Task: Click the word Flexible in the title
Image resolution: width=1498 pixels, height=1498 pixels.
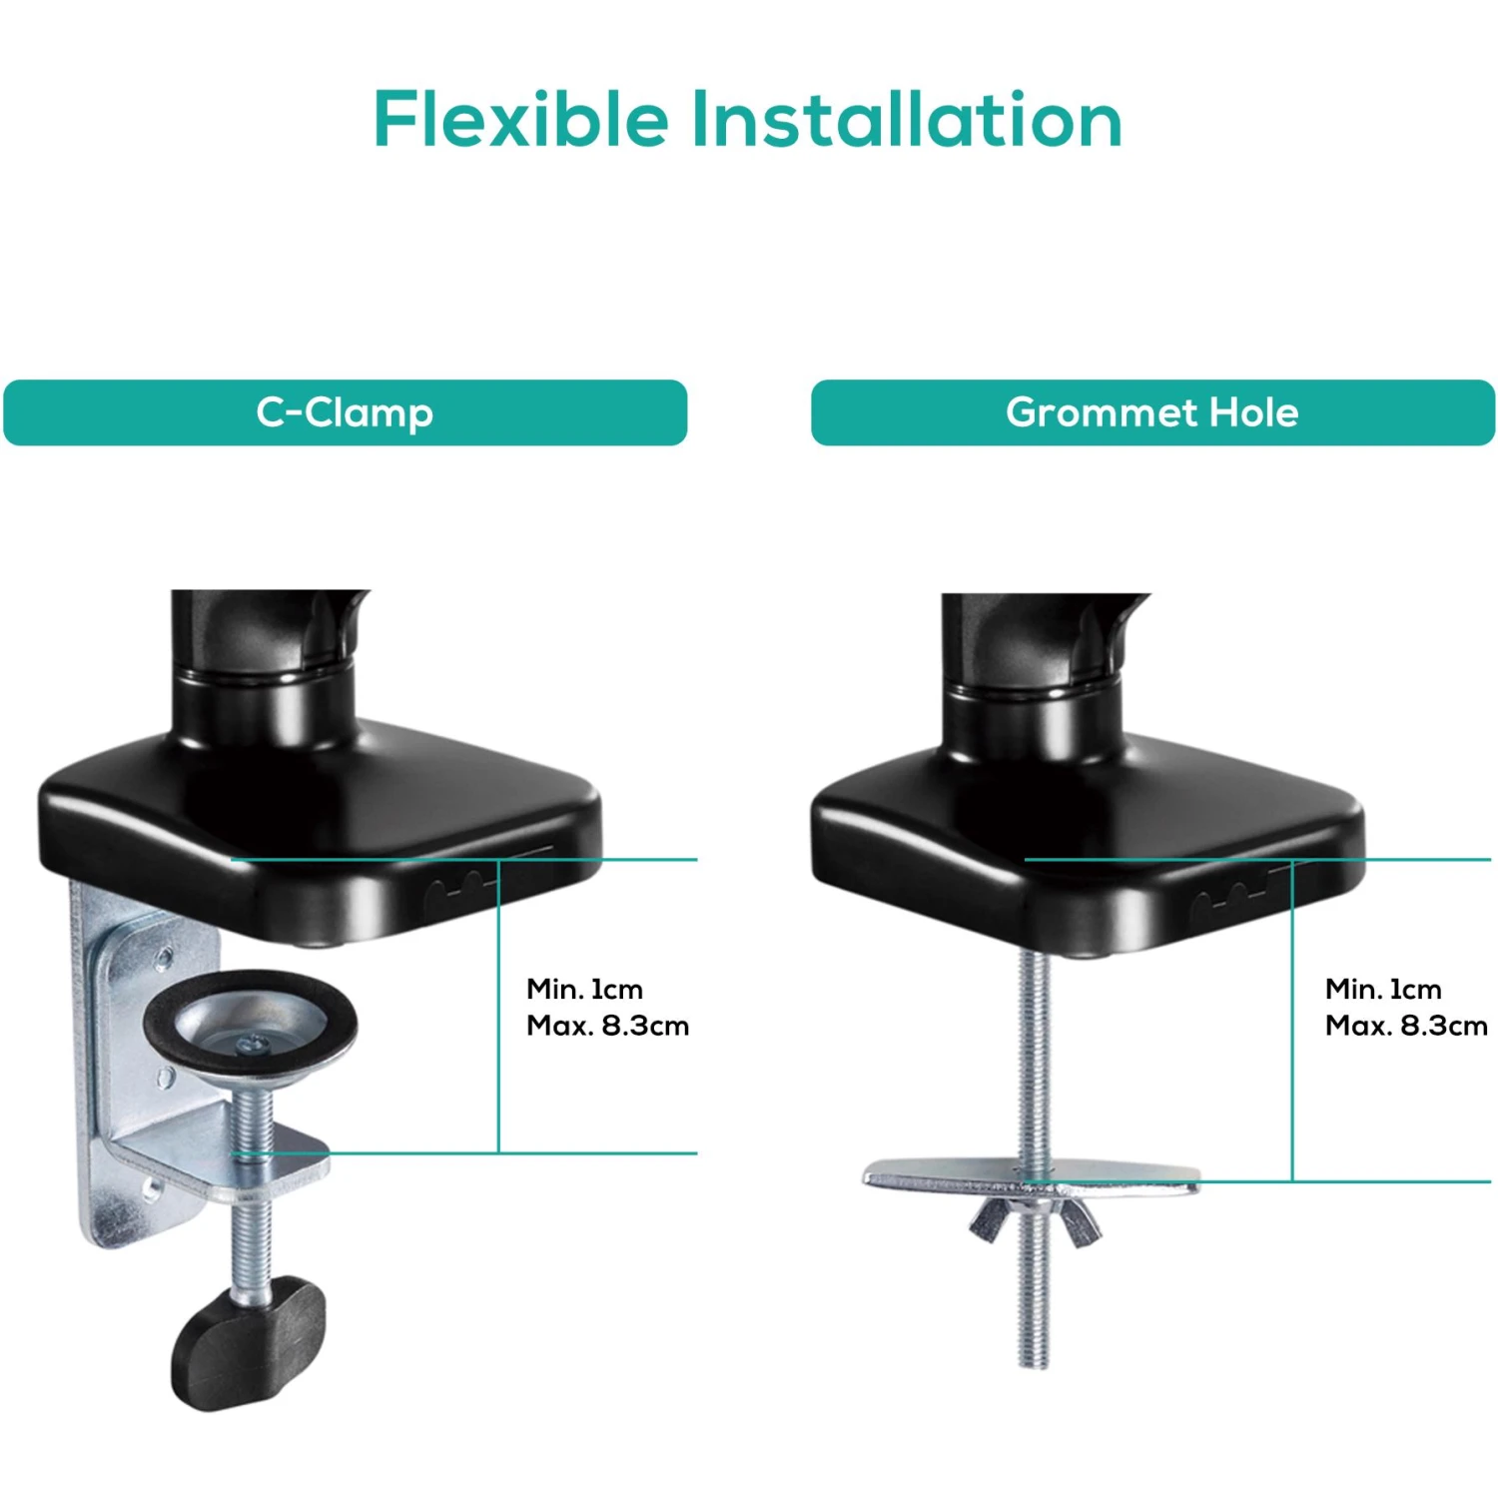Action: click(x=520, y=120)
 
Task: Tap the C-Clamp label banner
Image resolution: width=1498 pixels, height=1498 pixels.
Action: click(x=345, y=412)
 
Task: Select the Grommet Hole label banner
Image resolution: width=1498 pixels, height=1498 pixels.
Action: click(x=1152, y=412)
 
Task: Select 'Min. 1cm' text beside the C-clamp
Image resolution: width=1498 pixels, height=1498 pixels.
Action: click(x=585, y=990)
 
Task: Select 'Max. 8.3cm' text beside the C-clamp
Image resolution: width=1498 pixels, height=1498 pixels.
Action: click(x=607, y=1026)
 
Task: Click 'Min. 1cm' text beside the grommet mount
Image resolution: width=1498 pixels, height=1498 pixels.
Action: click(x=1383, y=990)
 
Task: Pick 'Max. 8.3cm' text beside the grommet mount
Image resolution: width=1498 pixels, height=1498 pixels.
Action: click(x=1406, y=1026)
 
